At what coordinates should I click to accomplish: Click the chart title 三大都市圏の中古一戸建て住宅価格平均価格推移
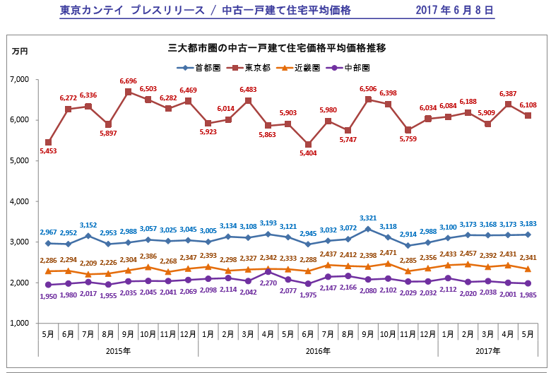coord(277,48)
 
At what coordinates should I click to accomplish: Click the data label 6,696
coord(128,82)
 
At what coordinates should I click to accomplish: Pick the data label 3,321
coord(368,218)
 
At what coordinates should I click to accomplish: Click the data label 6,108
coord(528,105)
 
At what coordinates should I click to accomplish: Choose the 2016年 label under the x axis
coord(319,350)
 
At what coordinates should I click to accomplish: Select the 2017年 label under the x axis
coord(487,350)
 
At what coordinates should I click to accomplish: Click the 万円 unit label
coord(20,52)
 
